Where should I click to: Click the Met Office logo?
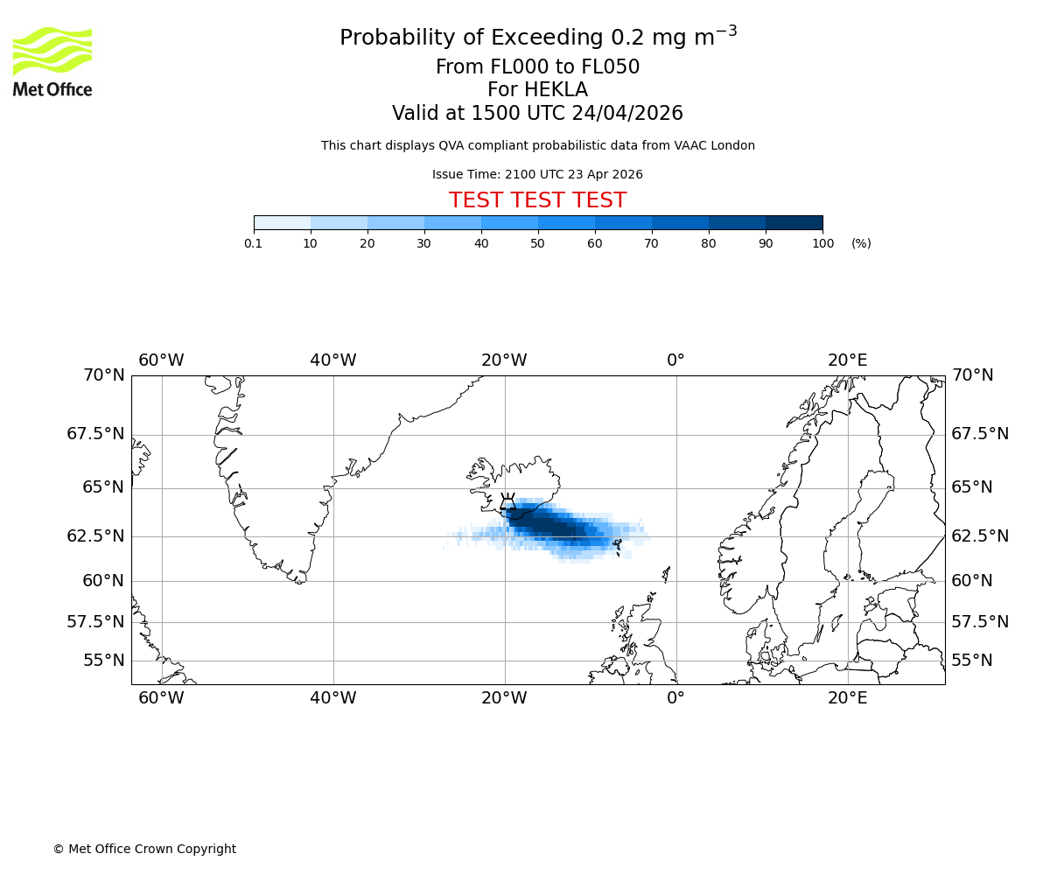tap(52, 61)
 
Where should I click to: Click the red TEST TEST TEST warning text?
tap(537, 200)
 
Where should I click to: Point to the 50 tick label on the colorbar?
tap(538, 243)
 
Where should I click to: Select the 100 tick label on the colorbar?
tap(822, 243)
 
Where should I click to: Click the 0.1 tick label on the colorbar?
tap(254, 243)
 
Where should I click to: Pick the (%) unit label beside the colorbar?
tap(861, 243)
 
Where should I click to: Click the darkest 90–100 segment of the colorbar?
tap(794, 222)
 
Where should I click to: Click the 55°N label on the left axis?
tap(103, 661)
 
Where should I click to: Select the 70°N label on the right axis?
tap(972, 375)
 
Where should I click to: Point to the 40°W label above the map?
tap(333, 360)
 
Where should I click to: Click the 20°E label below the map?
tap(848, 698)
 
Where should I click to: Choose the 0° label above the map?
tap(675, 360)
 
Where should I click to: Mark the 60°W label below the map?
tap(162, 698)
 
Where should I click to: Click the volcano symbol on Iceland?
tap(507, 502)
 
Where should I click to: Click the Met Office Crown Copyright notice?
tap(144, 849)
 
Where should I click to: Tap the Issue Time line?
tap(537, 174)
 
